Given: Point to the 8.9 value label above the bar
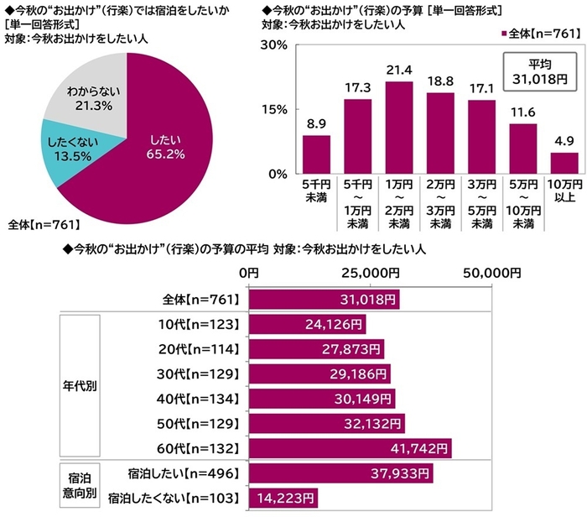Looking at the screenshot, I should [316, 123].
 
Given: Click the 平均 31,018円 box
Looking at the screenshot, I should [538, 74].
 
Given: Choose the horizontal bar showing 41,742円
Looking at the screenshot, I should [351, 448].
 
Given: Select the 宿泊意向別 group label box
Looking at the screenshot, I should [80, 486].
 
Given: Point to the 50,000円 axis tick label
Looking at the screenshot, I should [489, 274].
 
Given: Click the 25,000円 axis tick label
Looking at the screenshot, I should [370, 274].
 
